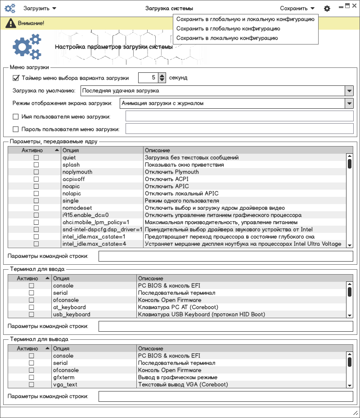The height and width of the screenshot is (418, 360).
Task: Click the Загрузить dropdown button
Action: coord(40,9)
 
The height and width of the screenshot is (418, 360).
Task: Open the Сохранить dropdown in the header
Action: coord(297,9)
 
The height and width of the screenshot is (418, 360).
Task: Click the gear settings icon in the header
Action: coord(327,9)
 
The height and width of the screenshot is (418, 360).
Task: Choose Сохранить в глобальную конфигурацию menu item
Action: coord(228,29)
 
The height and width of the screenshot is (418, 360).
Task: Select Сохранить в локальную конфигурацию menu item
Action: coord(227,38)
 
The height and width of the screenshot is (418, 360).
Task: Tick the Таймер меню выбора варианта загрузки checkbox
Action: coord(16,78)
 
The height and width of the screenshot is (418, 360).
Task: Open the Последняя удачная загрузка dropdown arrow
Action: coord(349,91)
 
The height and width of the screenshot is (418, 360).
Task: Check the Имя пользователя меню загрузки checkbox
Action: coord(16,117)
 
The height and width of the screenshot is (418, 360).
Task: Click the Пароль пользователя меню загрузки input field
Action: coord(239,129)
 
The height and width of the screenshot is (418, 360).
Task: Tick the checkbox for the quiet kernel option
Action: coord(36,158)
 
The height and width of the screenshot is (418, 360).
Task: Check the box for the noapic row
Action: coord(36,187)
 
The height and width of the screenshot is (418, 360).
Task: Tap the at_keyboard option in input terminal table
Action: coord(69,307)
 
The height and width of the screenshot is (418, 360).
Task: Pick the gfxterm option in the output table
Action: coord(63,378)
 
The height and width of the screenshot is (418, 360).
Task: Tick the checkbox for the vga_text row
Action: coord(31,385)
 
